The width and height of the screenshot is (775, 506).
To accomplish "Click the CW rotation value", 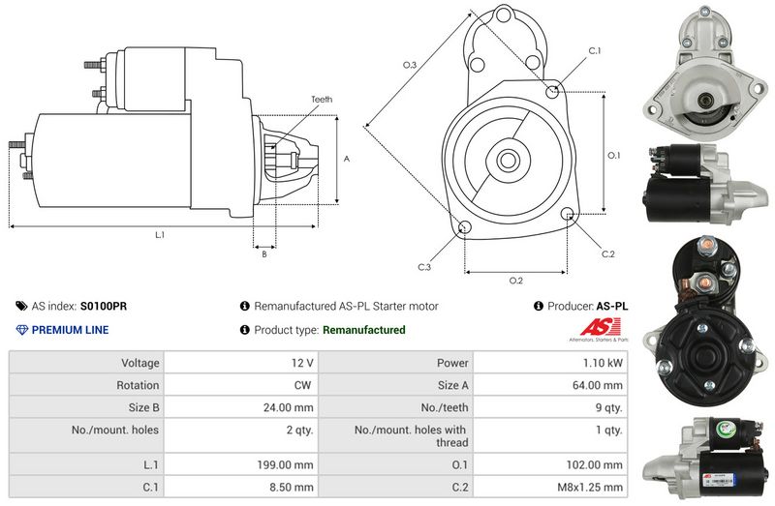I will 304,385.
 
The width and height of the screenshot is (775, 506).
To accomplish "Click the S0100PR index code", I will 104,306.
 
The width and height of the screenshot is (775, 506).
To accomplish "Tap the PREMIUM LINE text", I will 70,330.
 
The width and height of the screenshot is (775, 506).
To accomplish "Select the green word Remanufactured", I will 363,330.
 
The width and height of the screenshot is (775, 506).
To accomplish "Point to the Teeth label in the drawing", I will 322,100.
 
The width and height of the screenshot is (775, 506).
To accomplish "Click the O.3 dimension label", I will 410,65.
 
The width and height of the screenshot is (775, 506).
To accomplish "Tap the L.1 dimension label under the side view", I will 159,234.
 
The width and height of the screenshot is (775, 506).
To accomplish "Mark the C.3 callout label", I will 424,266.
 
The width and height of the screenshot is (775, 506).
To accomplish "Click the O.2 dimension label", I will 516,281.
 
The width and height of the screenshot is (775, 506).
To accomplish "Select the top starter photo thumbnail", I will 705,70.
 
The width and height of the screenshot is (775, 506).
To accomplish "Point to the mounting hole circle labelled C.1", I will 552,92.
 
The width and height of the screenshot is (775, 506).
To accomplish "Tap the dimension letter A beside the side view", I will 346,159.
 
